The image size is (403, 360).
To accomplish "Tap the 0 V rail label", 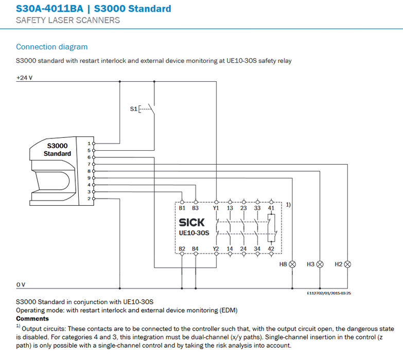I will (21, 284).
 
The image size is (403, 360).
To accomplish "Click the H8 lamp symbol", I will (293, 264).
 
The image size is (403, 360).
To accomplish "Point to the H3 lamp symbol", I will (320, 264).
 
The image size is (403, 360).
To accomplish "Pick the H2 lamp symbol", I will (347, 264).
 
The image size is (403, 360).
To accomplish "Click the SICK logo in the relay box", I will (191, 223).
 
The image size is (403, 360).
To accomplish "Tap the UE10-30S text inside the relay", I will (195, 233).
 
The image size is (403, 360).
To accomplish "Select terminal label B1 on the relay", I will (182, 208).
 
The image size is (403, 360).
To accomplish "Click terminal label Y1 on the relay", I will (216, 208).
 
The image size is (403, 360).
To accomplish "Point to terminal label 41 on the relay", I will (271, 208).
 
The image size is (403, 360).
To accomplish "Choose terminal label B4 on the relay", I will (195, 249).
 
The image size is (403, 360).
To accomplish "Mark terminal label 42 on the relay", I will (271, 249).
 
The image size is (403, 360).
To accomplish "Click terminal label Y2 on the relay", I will (216, 249).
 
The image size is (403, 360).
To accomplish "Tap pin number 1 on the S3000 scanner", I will (89, 143).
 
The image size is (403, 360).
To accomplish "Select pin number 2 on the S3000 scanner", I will (89, 199).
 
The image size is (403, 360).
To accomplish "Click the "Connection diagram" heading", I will (51, 47).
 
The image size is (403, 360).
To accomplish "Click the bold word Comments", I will (32, 318).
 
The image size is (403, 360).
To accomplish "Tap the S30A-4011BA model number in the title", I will (49, 9).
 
